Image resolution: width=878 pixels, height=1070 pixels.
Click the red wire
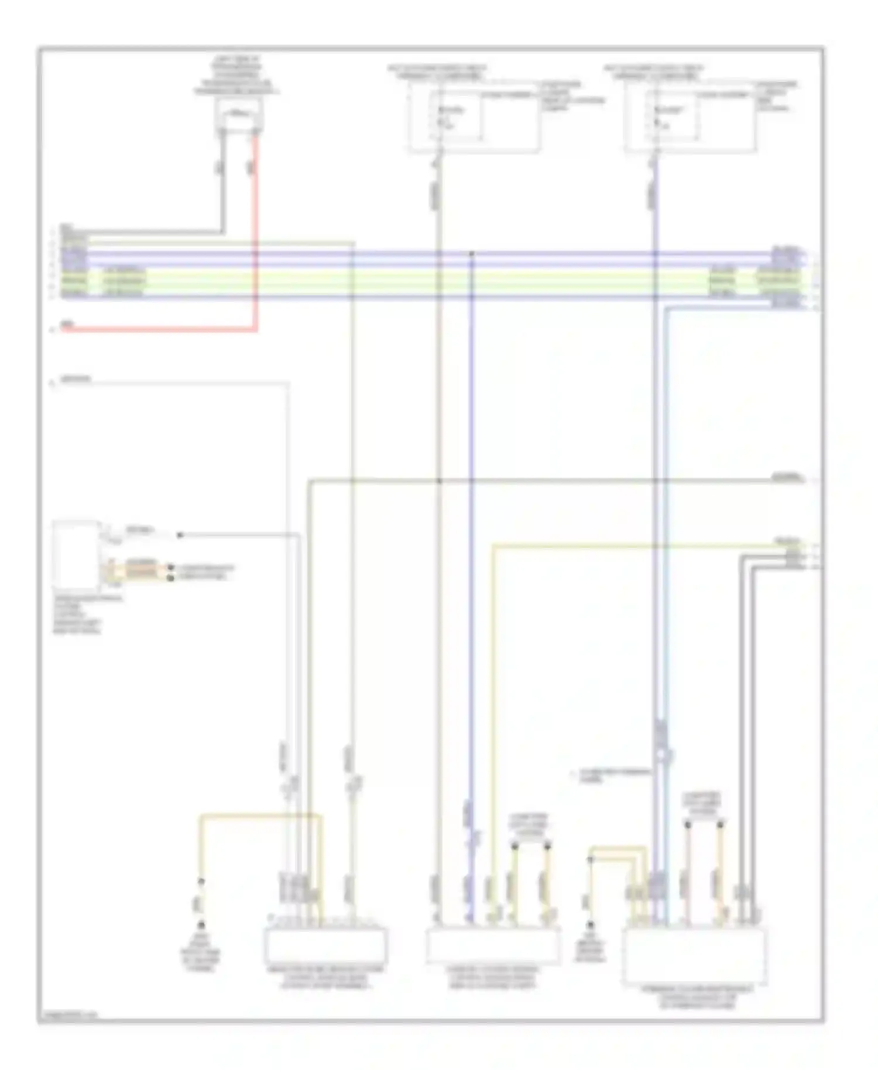point(255,234)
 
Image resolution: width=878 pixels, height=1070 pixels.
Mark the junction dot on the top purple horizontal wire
point(471,253)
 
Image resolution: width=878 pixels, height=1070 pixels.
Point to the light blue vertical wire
point(667,527)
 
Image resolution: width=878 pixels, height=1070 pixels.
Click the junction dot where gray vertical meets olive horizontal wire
point(438,481)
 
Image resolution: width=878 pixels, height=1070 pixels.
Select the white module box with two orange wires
point(76,554)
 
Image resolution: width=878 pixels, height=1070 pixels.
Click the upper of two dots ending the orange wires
point(171,568)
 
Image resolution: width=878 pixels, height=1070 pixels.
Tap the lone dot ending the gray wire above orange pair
point(180,535)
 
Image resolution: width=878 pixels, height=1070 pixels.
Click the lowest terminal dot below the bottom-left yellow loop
point(201,925)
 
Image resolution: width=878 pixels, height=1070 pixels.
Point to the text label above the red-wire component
point(236,76)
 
